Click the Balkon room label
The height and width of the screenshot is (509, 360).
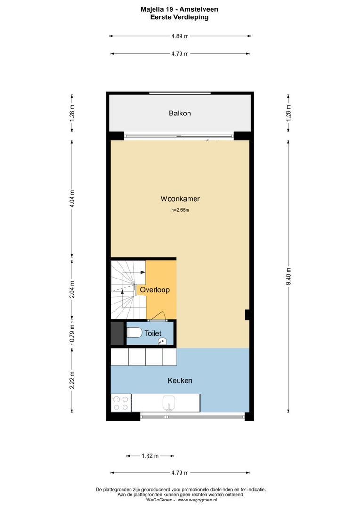(x=180, y=113)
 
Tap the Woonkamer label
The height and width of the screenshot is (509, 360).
(x=180, y=199)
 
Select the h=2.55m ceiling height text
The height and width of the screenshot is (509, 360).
(x=180, y=210)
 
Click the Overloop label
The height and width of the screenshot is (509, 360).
(x=155, y=290)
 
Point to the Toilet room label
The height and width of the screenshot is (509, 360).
(x=153, y=333)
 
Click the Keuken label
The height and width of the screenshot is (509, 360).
(x=180, y=380)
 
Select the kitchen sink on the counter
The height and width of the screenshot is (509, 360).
(x=169, y=403)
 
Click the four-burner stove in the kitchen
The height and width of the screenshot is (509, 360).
(x=121, y=403)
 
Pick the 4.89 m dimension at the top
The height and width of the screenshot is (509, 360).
(x=180, y=36)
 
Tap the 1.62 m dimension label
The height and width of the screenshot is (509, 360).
(x=150, y=456)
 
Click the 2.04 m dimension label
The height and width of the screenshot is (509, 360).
(x=72, y=288)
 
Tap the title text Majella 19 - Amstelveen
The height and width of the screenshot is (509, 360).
(x=180, y=9)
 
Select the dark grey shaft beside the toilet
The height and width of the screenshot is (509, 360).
(x=117, y=333)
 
